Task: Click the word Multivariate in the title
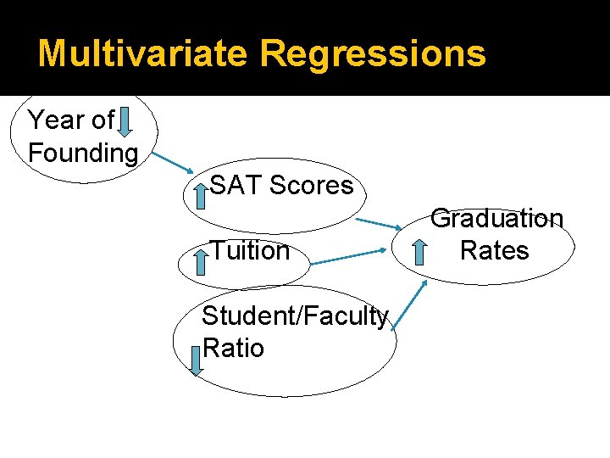[143, 53]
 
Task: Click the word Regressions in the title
[373, 53]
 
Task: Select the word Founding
[83, 154]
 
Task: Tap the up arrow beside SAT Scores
[201, 196]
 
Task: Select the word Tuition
[250, 251]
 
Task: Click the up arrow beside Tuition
[201, 260]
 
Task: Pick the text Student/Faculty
[295, 316]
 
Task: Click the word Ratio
[234, 349]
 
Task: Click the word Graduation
[497, 219]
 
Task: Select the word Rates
[494, 251]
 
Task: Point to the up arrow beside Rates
[419, 253]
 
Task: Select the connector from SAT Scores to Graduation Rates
[379, 223]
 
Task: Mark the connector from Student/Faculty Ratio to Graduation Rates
[411, 306]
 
